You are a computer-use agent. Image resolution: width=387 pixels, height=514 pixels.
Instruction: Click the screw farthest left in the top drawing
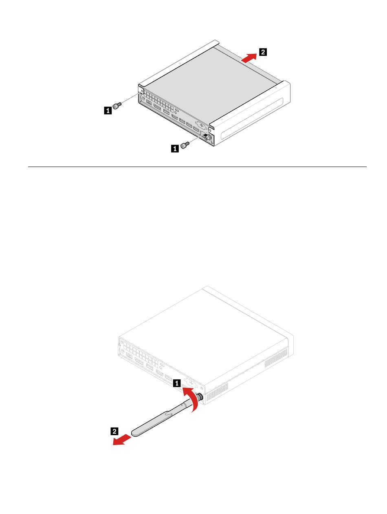point(117,105)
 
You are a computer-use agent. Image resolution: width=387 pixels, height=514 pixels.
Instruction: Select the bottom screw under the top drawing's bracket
point(184,145)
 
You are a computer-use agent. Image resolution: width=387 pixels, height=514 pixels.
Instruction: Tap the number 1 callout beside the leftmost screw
point(108,110)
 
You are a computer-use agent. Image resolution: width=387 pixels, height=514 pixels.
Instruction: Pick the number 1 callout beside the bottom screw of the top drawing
point(175,148)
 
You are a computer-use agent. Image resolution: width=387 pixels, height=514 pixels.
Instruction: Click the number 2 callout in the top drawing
point(263,52)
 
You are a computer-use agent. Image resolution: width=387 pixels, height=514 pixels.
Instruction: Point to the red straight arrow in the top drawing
point(248,58)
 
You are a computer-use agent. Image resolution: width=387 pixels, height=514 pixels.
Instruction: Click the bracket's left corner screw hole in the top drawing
point(142,91)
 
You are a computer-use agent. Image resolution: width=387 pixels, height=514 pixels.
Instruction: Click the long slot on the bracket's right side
point(251,116)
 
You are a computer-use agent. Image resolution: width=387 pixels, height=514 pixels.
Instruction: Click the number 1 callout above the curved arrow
point(177,383)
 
